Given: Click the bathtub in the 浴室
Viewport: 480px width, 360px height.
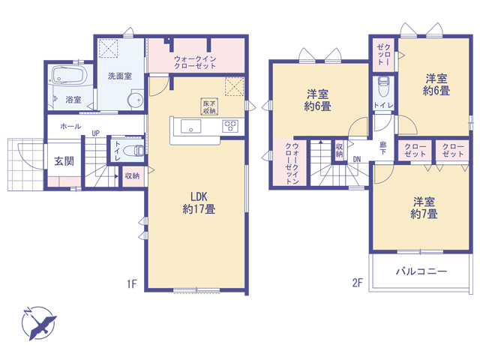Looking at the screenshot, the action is (x=69, y=75).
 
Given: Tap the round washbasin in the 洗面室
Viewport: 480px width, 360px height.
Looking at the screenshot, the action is (x=135, y=100).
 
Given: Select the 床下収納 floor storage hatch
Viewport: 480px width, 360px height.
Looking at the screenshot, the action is (x=209, y=106).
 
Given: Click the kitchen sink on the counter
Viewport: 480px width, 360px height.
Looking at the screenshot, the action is (x=190, y=127).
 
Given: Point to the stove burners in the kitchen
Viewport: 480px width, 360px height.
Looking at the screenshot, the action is (x=230, y=125).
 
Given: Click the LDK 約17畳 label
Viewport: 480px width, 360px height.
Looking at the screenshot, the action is (x=199, y=202).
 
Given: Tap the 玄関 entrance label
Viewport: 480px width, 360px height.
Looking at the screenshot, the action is (x=64, y=161).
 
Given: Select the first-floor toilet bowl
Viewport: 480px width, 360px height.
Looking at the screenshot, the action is (x=133, y=151).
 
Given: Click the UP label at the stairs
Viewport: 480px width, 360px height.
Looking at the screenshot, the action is (x=96, y=133).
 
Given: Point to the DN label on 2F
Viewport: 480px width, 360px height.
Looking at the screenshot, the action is (x=357, y=159).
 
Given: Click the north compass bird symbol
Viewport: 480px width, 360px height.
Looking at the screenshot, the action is (x=39, y=323).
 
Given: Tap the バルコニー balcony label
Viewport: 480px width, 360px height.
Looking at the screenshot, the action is (x=421, y=271).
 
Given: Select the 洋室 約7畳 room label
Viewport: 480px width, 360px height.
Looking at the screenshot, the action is (x=424, y=208).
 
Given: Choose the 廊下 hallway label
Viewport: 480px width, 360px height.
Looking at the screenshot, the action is (x=383, y=148).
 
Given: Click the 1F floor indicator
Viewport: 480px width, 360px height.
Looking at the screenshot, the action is (x=132, y=284).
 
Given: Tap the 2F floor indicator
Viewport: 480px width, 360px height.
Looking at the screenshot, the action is (x=358, y=283).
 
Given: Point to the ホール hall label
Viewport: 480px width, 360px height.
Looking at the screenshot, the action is (x=70, y=126).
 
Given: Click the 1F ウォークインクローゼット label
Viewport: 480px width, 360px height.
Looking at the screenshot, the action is (x=195, y=62).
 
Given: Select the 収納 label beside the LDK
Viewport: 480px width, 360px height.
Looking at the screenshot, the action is (x=132, y=175).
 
